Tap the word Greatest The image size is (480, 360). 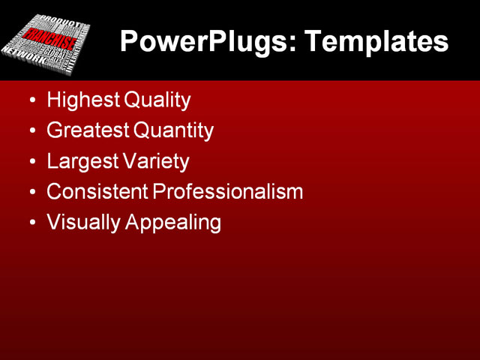pyautogui.click(x=86, y=130)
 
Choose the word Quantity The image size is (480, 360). pyautogui.click(x=173, y=130)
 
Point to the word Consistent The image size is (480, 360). pyautogui.click(x=97, y=192)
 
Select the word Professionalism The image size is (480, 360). pyautogui.click(x=228, y=192)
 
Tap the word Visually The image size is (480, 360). pyautogui.click(x=79, y=223)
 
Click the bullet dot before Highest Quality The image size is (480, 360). pyautogui.click(x=31, y=100)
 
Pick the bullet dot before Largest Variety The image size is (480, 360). pyautogui.click(x=31, y=162)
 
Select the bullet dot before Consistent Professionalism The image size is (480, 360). pyautogui.click(x=31, y=193)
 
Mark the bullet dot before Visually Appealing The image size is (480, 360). pyautogui.click(x=31, y=223)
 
